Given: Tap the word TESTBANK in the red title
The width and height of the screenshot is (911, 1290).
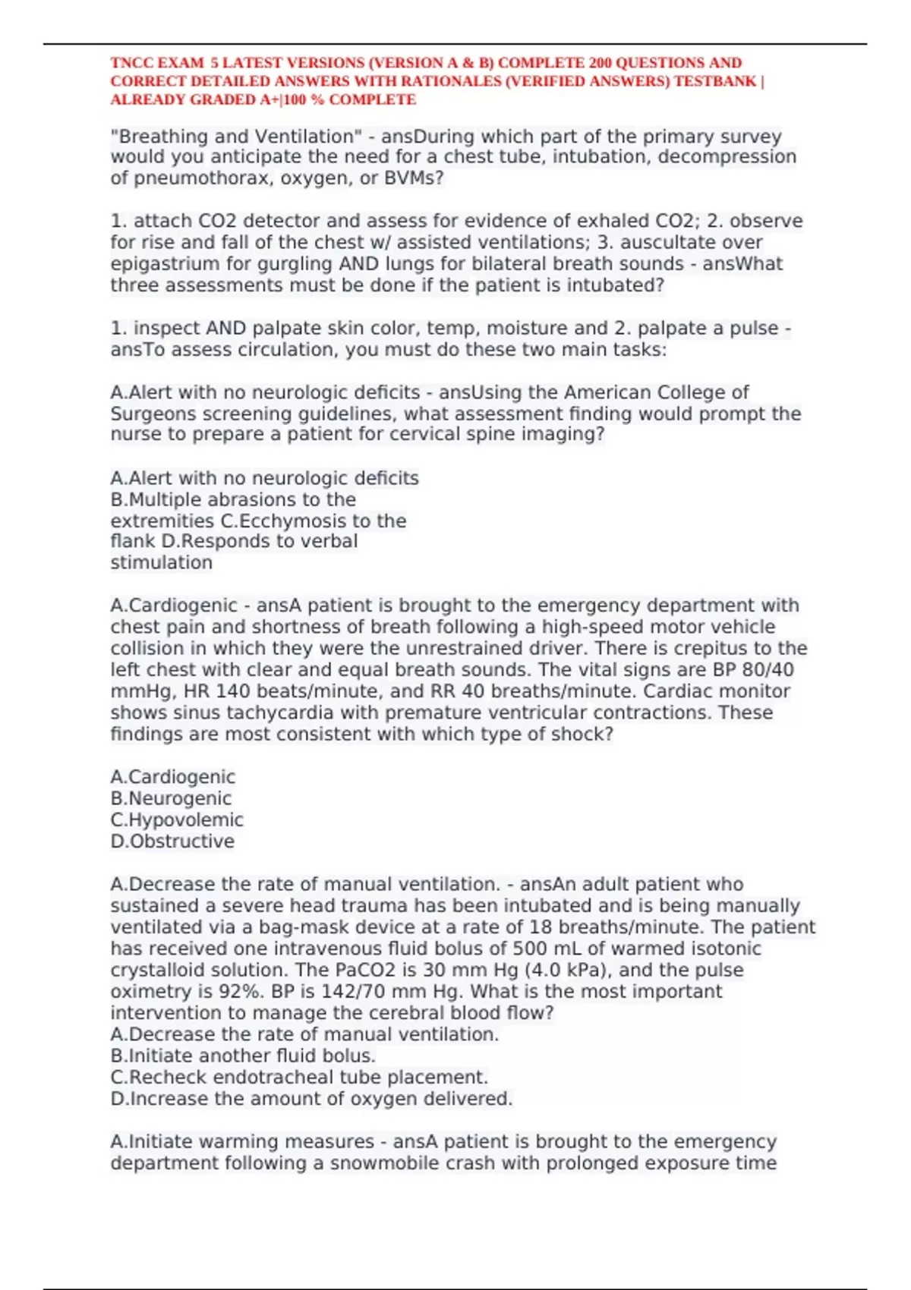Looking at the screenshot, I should tap(715, 81).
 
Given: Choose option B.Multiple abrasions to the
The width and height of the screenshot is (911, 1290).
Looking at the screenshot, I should tap(233, 500).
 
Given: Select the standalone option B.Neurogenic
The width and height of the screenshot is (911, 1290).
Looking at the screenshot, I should tap(171, 798).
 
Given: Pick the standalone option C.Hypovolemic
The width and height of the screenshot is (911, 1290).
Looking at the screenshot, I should tap(177, 820).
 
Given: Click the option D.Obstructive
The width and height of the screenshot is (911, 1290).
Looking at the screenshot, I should tap(172, 842).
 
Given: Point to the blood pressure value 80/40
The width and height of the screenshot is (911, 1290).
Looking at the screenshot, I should tap(764, 670).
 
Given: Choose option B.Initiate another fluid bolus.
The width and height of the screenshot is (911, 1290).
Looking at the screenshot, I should tap(243, 1056).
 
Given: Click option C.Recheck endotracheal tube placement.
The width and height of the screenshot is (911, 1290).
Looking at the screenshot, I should tap(299, 1078).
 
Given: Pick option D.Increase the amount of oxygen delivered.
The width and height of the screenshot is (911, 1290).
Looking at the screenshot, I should tap(311, 1099).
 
